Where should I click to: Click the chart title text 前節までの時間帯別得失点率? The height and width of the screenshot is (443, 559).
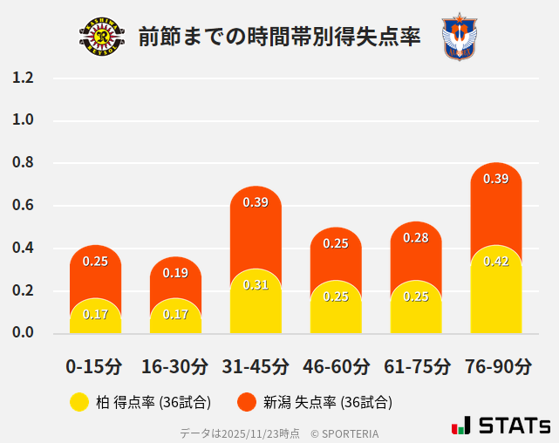pos(279,37)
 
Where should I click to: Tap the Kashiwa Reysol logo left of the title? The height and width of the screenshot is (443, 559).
pos(102,37)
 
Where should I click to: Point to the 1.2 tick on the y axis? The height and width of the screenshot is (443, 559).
pos(24,78)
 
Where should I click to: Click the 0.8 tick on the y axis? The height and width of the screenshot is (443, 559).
pos(24,163)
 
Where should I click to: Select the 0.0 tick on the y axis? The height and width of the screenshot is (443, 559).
pos(24,333)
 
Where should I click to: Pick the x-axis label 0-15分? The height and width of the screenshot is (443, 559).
pos(95,366)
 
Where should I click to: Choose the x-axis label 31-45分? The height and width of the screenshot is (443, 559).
pos(256,366)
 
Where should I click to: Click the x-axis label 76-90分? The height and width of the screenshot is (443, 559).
pos(496,366)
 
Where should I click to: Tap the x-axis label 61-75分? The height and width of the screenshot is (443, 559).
pos(416,366)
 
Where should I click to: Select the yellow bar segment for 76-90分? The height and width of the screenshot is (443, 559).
pos(496,292)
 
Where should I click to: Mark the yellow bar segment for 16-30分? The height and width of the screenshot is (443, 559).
pos(175,317)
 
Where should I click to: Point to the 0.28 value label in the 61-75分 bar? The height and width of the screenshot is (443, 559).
pos(416,237)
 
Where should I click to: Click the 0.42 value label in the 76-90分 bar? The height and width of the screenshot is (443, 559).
pos(496,261)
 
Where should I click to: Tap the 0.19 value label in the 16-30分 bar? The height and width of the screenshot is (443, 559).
pos(175,273)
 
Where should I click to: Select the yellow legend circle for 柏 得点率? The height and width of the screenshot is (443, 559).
pos(79,402)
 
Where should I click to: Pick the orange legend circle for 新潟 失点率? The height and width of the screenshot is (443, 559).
pos(247,402)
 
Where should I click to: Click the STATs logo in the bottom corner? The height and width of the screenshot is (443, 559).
pos(501,426)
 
